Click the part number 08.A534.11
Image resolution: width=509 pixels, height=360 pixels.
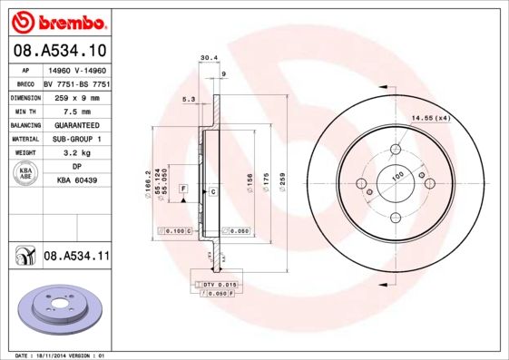point(76,258)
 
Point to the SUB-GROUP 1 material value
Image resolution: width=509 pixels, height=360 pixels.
point(76,139)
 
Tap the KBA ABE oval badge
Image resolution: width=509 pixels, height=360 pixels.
point(25,175)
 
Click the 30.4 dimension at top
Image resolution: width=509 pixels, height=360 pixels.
point(208,58)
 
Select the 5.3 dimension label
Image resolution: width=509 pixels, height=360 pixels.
point(189,98)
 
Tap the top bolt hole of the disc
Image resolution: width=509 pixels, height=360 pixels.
point(396,150)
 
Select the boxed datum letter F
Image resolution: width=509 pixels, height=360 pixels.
point(184,187)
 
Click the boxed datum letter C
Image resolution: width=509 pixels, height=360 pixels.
point(212,192)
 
